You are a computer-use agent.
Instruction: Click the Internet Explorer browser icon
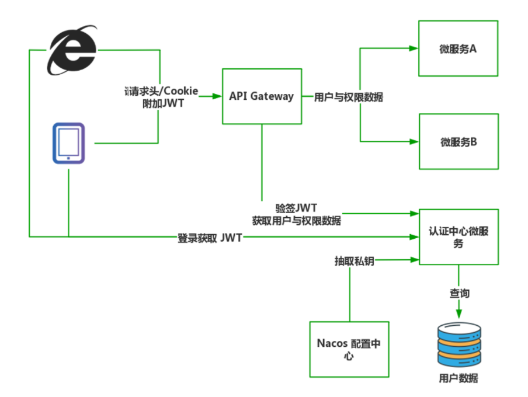[x=72, y=50]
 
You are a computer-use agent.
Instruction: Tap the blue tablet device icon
[x=68, y=142]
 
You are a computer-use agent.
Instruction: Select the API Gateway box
[x=262, y=96]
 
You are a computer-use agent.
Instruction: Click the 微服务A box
[x=458, y=48]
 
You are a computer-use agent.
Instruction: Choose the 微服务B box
[x=458, y=141]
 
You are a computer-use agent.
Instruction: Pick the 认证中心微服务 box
[x=458, y=237]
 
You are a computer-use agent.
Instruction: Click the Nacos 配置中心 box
[x=349, y=349]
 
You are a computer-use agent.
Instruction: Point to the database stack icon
[x=459, y=344]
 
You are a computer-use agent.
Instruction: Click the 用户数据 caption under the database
[x=458, y=378]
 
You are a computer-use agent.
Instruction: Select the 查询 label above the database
[x=459, y=293]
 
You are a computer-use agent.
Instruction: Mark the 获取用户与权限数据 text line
[x=297, y=221]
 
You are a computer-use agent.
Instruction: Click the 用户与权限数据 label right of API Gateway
[x=348, y=97]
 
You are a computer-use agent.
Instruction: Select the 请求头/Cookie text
[x=162, y=90]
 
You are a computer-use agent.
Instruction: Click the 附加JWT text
[x=163, y=103]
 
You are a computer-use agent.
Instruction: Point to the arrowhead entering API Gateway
[x=218, y=97]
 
